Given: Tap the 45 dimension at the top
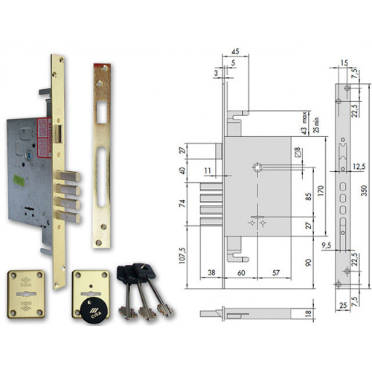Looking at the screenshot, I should point(235,51).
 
